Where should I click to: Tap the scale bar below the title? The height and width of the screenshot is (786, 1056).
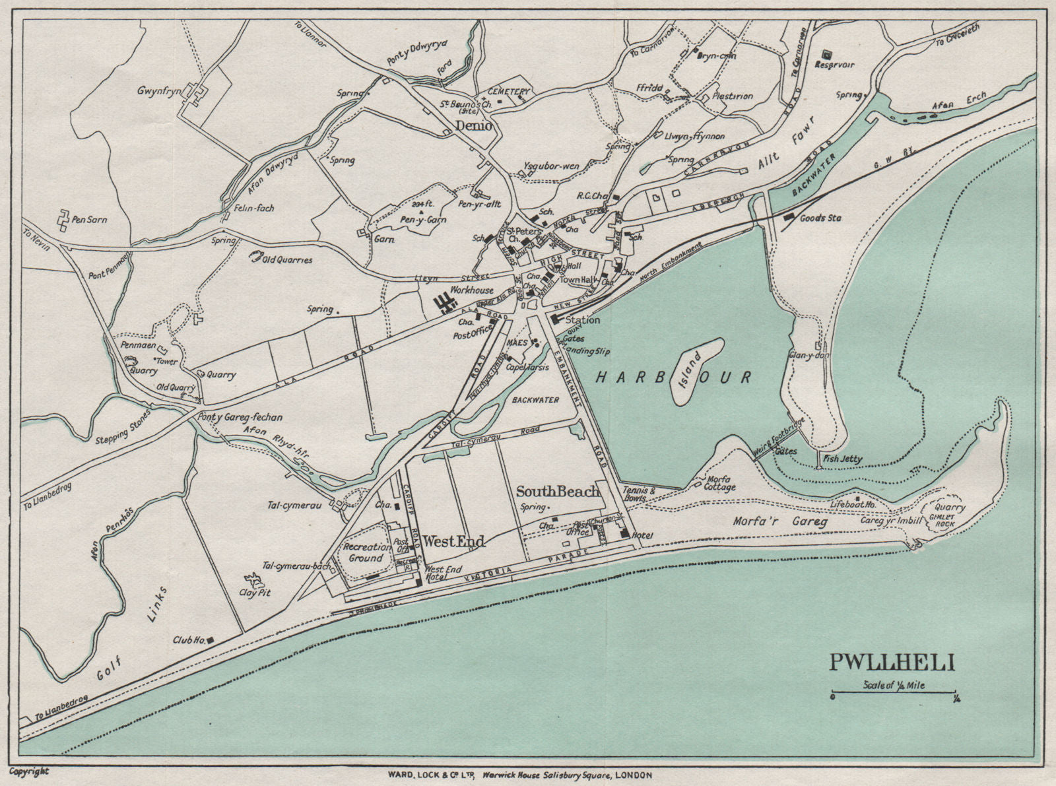pos(894,694)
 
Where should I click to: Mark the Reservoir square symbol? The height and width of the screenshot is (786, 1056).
pos(826,55)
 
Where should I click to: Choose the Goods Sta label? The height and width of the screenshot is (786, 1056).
pos(820,218)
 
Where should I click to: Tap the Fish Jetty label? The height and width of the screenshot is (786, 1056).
pos(843,459)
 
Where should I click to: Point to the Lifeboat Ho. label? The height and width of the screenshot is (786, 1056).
pos(853,504)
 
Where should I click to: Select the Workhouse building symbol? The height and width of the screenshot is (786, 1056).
pos(446,304)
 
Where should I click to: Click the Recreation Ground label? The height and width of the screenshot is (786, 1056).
pos(366,552)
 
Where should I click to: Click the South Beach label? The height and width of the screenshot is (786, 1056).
pos(558,491)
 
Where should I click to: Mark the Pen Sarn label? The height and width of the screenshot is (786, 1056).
pos(90,219)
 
